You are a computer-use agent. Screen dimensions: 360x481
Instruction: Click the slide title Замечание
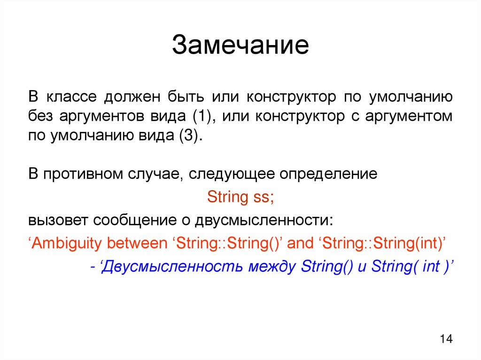pyautogui.click(x=240, y=46)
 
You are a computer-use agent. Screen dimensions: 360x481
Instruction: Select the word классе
pyautogui.click(x=71, y=97)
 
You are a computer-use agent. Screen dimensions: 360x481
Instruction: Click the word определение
pyautogui.click(x=329, y=175)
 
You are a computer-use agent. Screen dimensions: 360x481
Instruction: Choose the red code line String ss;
pyautogui.click(x=240, y=197)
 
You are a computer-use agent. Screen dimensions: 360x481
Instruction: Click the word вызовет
pyautogui.click(x=57, y=220)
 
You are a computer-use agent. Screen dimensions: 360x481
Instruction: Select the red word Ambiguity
pyautogui.click(x=65, y=244)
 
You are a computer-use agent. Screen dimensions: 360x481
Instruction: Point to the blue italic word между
pyautogui.click(x=273, y=267)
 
